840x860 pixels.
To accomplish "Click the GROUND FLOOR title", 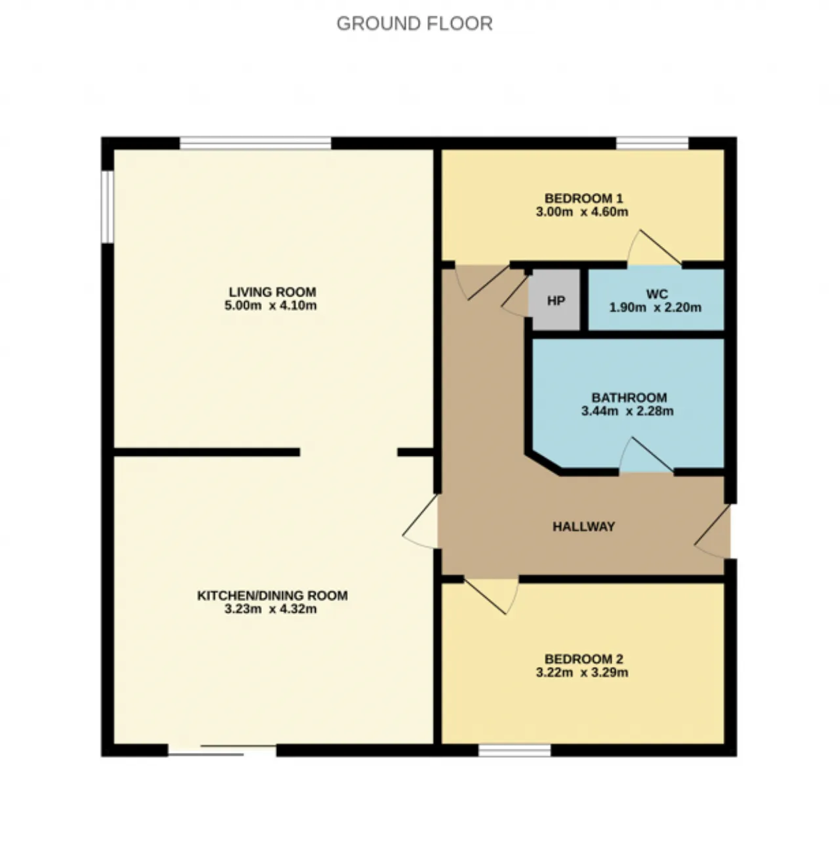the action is coord(415,24).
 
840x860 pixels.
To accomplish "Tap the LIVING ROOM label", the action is coord(272,292).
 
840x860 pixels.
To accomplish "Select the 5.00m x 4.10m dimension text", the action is coord(270,306).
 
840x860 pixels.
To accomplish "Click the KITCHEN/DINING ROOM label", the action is coord(272,595).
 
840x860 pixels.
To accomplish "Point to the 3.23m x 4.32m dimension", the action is coord(270,609).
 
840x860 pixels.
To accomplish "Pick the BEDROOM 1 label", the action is coord(583,198).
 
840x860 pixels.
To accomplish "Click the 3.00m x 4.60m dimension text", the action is coord(582,212).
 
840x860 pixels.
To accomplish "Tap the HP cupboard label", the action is coord(556,301).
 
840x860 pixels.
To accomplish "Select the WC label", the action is coord(656,294).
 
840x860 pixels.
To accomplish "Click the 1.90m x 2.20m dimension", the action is coord(655,308).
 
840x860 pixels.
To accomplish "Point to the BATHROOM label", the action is coord(629,398).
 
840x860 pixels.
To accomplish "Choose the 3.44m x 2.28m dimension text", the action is coord(627,411).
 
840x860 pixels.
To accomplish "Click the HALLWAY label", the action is coord(583,526).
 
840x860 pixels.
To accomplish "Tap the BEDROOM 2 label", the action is coord(583,659).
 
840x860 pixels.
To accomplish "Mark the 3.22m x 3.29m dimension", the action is coord(582,672).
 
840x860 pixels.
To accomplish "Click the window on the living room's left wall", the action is coord(108,207).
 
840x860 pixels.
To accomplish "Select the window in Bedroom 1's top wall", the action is coord(652,143).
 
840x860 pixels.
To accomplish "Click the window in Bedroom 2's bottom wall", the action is coord(514,750).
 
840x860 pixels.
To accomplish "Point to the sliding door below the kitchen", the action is coord(222,750).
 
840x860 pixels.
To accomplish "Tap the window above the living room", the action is coord(255,143).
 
